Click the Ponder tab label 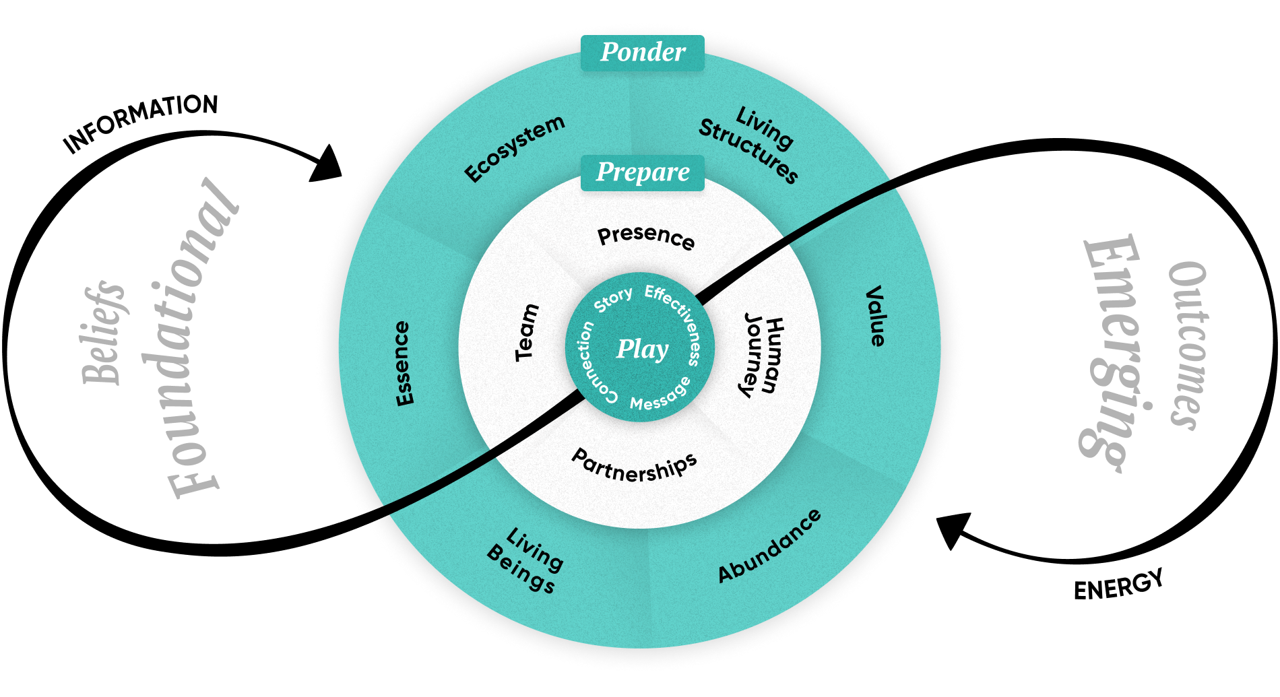pyautogui.click(x=643, y=53)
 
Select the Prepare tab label pyautogui.click(x=643, y=172)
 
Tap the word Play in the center pyautogui.click(x=642, y=349)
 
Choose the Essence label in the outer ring pyautogui.click(x=402, y=363)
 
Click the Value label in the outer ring pyautogui.click(x=875, y=316)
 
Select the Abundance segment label pyautogui.click(x=770, y=546)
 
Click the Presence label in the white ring pyautogui.click(x=646, y=236)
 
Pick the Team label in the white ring pyautogui.click(x=527, y=332)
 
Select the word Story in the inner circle pyautogui.click(x=613, y=300)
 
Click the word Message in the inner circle pyautogui.click(x=661, y=397)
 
